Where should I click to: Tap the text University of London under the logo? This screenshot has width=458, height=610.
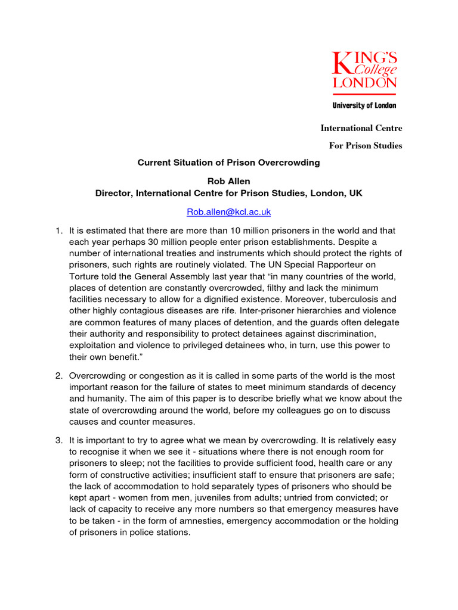[364, 105]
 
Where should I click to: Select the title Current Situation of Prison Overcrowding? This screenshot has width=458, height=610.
[229, 162]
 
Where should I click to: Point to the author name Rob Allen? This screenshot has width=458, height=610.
[229, 182]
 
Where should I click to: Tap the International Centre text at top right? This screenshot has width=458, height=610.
[361, 128]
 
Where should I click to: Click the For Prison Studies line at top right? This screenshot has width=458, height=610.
[366, 145]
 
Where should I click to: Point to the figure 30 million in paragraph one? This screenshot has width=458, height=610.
[157, 241]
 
